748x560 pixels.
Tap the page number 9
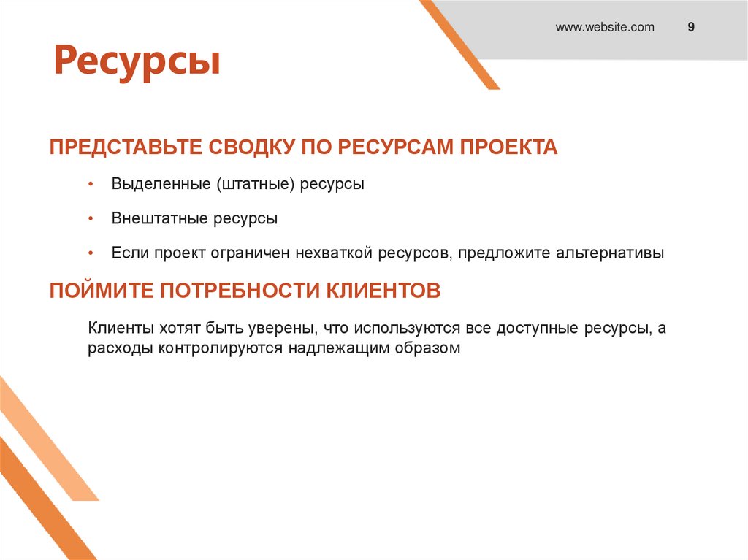coord(690,28)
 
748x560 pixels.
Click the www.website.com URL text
coord(605,28)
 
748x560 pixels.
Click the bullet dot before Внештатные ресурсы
coord(90,218)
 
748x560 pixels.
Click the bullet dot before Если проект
coord(90,253)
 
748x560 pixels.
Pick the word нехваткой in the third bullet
coord(335,253)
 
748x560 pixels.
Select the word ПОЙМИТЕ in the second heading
coord(102,291)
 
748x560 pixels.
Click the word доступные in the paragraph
coord(538,329)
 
